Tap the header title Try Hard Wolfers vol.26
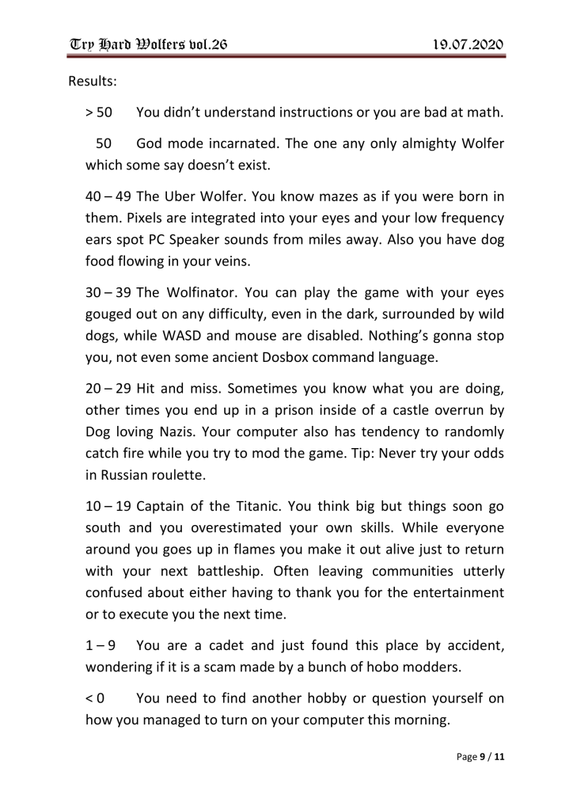(x=147, y=44)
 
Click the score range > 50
(x=99, y=113)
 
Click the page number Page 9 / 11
(x=481, y=757)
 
